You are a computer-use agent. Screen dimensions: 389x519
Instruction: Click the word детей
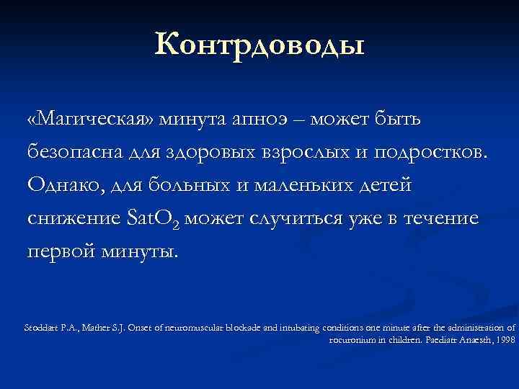(389, 185)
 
